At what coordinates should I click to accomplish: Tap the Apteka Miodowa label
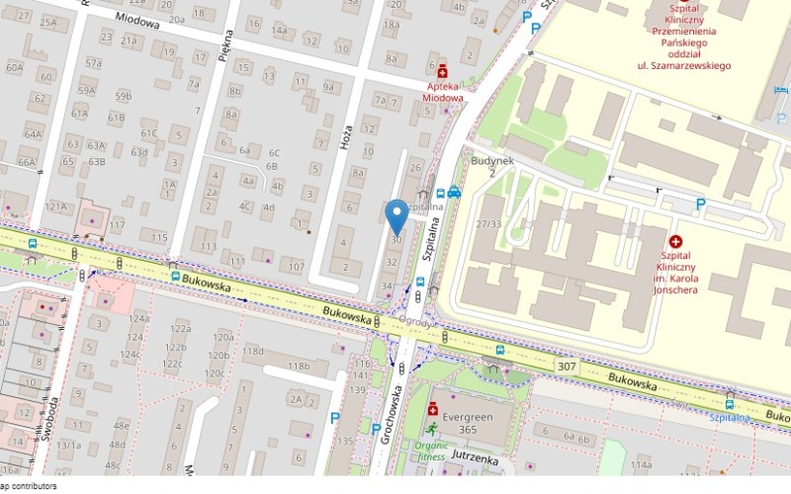point(442,92)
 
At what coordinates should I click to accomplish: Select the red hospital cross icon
point(676,241)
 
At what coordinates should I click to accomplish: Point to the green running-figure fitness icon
point(432,429)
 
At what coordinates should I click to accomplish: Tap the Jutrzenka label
point(473,459)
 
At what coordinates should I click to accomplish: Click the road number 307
point(567,367)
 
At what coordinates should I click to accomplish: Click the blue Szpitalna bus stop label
point(730,417)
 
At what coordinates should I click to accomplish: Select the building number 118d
point(253,351)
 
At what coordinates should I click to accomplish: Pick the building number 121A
point(55,206)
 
